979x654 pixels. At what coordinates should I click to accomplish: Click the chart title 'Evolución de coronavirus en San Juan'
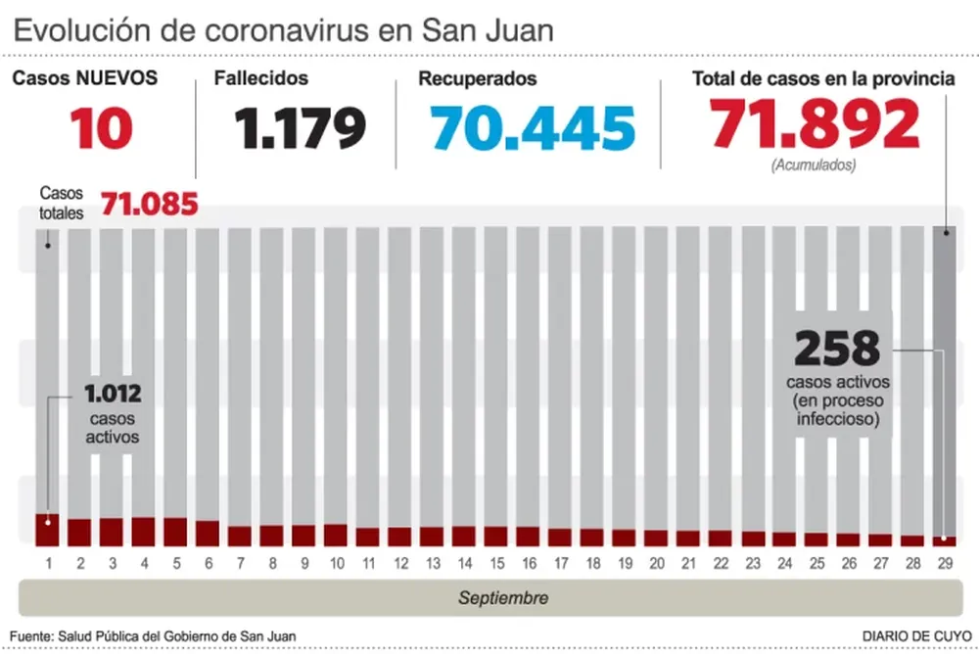(284, 29)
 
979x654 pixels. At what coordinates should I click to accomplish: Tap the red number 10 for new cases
(101, 127)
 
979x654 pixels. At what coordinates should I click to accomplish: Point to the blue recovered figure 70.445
(533, 127)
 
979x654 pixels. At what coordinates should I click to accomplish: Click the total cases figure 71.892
(815, 124)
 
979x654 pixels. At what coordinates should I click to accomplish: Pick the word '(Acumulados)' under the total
(814, 165)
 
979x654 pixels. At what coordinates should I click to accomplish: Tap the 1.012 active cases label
(113, 395)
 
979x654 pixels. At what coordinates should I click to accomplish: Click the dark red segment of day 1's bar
(48, 530)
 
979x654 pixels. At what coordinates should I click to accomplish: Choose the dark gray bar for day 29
(945, 382)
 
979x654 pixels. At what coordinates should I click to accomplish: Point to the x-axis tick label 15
(496, 564)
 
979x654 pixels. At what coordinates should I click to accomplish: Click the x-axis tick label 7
(240, 564)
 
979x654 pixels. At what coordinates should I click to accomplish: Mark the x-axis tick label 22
(721, 564)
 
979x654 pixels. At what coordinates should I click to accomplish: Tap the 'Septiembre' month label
(503, 597)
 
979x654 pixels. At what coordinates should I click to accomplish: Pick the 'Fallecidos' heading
(261, 78)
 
